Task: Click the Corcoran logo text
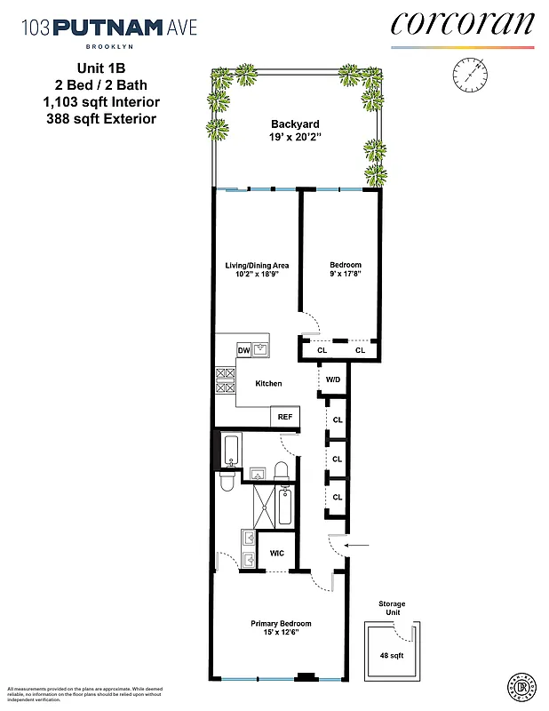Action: tap(462, 24)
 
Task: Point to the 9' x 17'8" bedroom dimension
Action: tap(345, 276)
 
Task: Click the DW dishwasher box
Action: tap(243, 350)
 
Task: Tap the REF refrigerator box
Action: tap(285, 417)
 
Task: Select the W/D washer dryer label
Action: tap(333, 379)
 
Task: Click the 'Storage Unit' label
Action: tap(391, 609)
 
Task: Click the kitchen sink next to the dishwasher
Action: tap(260, 349)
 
